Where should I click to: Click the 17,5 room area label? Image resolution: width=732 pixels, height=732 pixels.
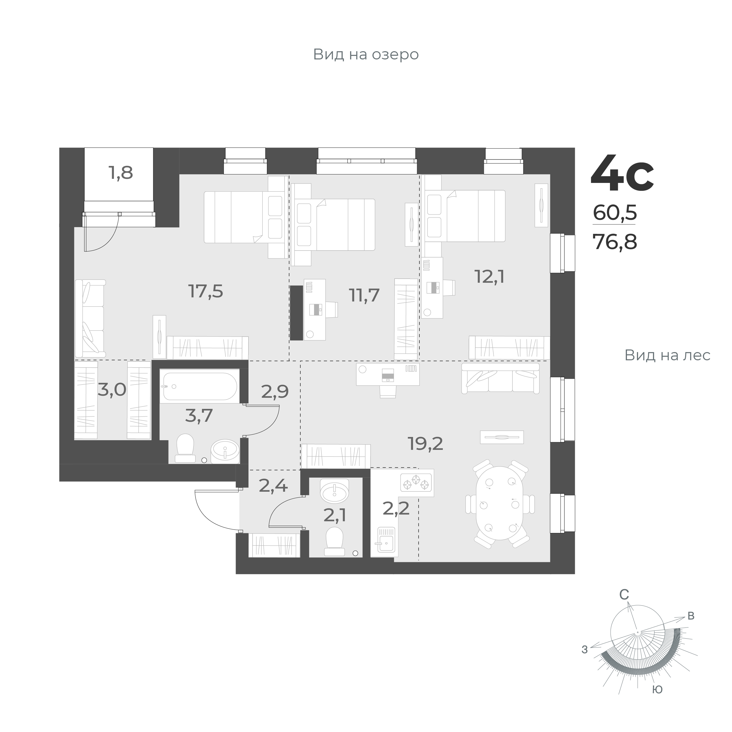(x=206, y=291)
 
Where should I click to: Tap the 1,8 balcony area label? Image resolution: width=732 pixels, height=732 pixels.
(x=121, y=173)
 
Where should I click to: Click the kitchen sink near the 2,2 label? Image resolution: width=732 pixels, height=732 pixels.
(x=386, y=539)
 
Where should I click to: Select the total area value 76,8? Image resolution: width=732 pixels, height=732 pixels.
(x=615, y=241)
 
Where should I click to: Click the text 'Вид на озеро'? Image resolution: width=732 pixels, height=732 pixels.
(x=366, y=54)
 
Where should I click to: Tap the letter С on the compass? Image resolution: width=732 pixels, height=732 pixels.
(x=624, y=606)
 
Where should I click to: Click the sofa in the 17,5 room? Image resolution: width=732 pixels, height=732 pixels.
(x=90, y=318)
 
